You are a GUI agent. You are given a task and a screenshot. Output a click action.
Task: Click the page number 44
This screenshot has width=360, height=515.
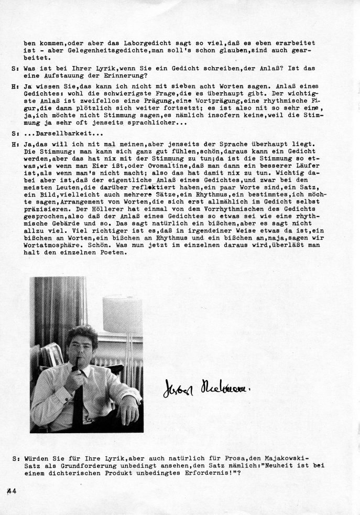pyautogui.click(x=12, y=491)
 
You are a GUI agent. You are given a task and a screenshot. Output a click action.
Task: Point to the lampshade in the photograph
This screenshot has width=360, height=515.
pyautogui.click(x=122, y=314)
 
